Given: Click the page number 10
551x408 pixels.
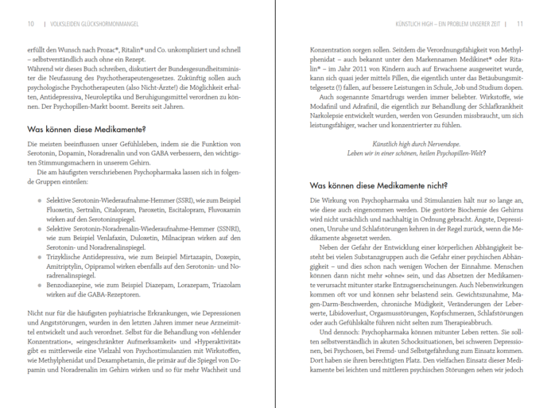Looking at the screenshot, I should point(30,23).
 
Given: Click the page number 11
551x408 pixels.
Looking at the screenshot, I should point(519,23).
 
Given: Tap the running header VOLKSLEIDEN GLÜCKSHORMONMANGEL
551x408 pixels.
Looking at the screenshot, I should point(95,23).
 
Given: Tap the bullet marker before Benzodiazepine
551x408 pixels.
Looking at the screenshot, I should point(39,282).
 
